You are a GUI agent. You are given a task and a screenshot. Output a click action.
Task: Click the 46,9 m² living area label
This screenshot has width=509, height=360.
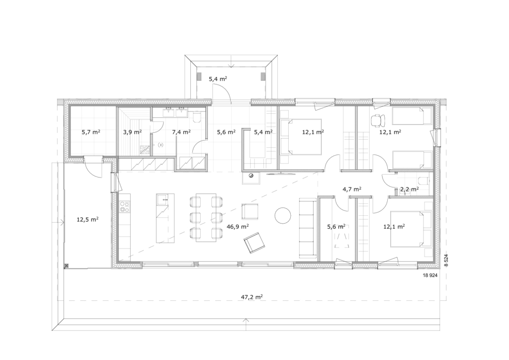click(238, 226)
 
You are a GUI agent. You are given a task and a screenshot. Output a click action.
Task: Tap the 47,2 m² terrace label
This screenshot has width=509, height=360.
click(252, 296)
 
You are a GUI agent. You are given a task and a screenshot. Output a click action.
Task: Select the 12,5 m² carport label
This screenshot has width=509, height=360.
click(87, 219)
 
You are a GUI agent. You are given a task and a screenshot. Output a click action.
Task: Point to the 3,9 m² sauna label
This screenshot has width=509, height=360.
click(132, 132)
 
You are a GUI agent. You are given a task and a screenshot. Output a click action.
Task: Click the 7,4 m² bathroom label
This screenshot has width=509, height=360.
click(181, 132)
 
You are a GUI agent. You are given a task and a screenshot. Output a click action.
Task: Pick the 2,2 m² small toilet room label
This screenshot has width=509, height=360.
click(409, 188)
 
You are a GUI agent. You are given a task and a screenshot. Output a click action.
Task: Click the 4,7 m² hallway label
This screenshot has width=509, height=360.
click(352, 188)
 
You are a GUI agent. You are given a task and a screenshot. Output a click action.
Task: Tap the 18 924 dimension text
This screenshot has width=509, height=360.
click(430, 275)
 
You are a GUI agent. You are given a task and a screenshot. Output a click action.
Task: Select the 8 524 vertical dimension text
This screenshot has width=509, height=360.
click(446, 261)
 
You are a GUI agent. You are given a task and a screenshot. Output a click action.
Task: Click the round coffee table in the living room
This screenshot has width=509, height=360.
click(283, 215)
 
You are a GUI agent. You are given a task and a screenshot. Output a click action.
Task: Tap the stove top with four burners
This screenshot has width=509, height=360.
click(124, 206)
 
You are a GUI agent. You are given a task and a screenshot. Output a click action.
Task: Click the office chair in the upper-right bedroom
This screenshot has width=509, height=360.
click(377, 120)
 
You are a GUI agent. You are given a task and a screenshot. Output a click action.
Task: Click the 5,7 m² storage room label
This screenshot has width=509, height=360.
click(90, 132)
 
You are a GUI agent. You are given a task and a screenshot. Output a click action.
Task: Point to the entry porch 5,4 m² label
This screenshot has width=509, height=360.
click(218, 78)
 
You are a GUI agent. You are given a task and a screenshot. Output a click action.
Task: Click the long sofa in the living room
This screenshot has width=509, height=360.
click(307, 229)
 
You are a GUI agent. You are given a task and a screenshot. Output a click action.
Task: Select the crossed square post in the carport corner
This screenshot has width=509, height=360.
click(67, 266)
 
